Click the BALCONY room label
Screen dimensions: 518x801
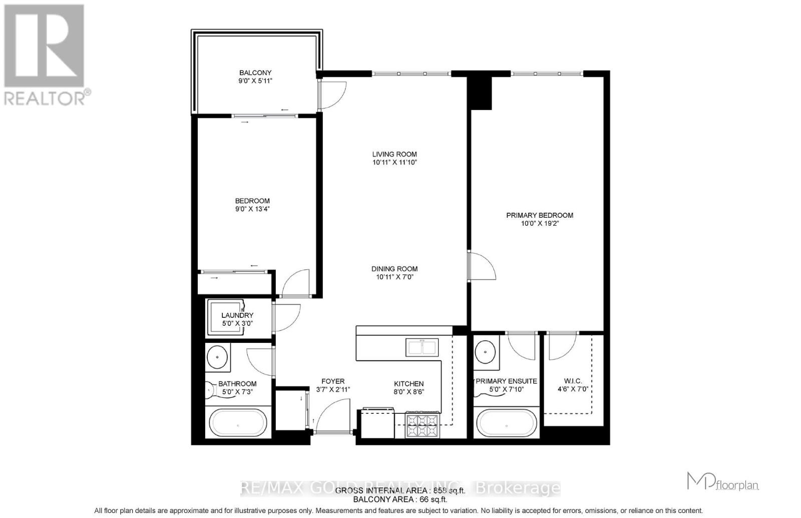click(x=255, y=73)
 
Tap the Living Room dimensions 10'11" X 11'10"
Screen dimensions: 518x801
click(x=394, y=162)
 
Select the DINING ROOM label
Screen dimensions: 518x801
click(x=394, y=269)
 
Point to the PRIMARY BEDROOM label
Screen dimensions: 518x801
click(x=540, y=215)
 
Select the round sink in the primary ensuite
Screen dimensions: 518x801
click(x=485, y=352)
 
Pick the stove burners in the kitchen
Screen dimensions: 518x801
click(x=423, y=425)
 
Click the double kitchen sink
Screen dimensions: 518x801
click(x=422, y=347)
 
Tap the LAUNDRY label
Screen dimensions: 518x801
click(x=237, y=315)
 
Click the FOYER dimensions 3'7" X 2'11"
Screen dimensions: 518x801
click(x=333, y=389)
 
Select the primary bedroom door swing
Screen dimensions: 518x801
click(x=482, y=266)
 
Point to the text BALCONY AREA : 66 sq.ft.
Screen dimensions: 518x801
click(x=400, y=499)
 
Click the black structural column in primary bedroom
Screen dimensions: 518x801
click(x=479, y=93)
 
